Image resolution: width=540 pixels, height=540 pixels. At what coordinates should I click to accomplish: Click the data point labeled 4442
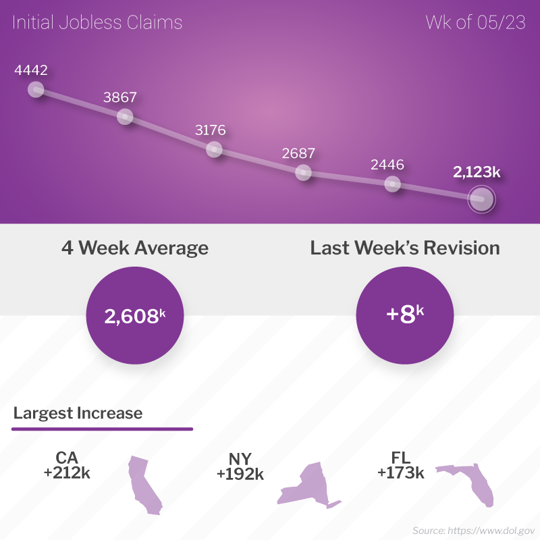36,90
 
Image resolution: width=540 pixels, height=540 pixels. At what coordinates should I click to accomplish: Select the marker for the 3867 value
125,117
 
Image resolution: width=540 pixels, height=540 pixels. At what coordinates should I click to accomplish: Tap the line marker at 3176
214,149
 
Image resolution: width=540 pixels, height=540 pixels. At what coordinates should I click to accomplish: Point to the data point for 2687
304,173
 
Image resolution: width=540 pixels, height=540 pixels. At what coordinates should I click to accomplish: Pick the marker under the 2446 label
392,184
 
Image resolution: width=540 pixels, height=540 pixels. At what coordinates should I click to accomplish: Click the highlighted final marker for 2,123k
482,199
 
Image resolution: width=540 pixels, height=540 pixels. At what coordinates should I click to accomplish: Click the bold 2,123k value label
477,172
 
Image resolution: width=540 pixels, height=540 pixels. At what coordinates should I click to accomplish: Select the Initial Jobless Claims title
97,23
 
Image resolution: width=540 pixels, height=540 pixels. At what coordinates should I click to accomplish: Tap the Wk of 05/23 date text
476,23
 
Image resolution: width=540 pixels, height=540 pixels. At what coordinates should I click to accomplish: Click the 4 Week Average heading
135,248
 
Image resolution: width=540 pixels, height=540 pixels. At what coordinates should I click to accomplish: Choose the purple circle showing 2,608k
135,316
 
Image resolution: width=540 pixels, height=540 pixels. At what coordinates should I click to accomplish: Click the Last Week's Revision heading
405,248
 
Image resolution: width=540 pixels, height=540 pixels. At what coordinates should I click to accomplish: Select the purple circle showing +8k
405,316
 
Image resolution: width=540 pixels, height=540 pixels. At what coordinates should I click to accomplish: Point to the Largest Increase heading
78,412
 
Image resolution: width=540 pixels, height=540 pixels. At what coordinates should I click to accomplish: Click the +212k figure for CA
67,473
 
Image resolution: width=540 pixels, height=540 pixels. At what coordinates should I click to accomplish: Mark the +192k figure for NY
240,475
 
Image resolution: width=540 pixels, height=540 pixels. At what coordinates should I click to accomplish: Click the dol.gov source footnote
473,531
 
